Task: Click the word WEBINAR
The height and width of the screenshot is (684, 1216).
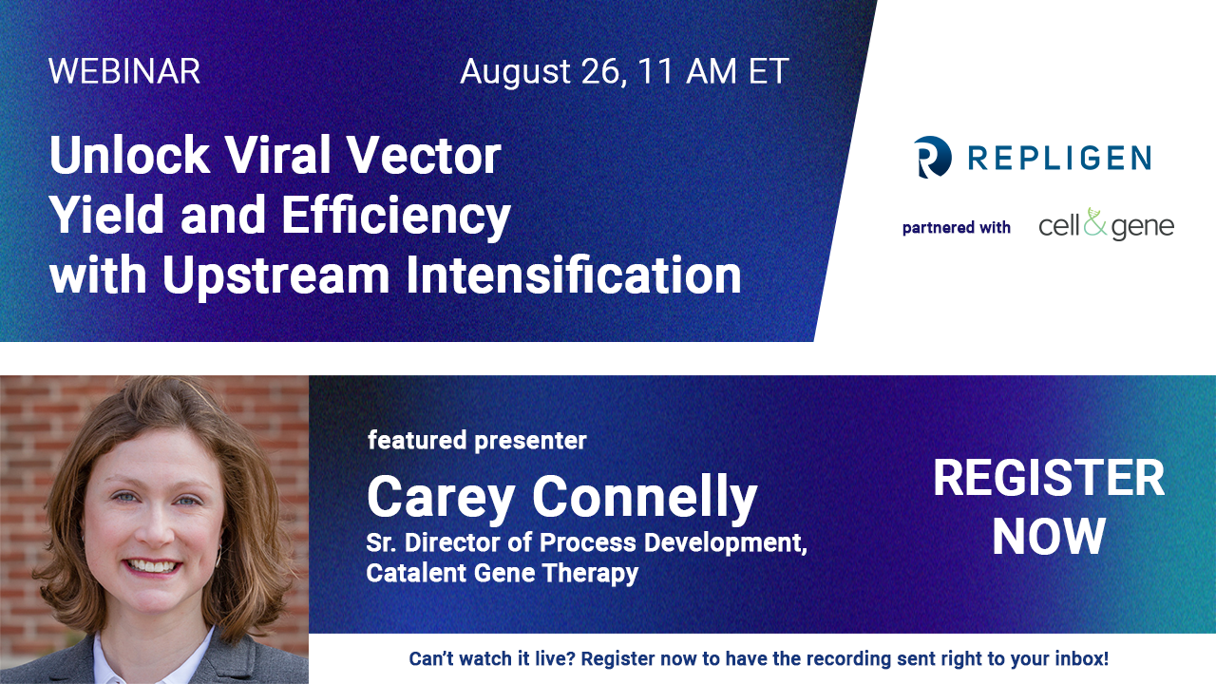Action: pos(124,71)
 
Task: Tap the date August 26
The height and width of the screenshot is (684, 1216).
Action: pos(542,72)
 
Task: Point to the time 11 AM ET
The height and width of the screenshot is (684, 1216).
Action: pos(713,71)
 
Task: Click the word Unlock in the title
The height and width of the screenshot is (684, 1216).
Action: pos(129,155)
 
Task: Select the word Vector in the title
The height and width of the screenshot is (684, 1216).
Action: pos(424,155)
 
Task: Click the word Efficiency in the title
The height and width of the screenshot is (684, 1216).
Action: pos(396,216)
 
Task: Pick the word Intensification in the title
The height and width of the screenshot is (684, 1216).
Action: pos(573,275)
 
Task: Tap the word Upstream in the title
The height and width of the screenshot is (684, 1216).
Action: pos(275,275)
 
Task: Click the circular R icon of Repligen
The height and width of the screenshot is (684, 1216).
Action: pos(932,157)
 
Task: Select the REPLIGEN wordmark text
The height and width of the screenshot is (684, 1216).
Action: pos(1059,158)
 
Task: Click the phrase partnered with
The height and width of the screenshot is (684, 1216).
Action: pos(956,227)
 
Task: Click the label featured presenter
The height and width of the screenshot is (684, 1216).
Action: pos(477,440)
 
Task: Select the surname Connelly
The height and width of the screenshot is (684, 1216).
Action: pos(644,497)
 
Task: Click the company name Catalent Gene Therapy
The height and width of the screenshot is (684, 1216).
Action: pos(503,573)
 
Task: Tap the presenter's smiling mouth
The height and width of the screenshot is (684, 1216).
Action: pos(151,566)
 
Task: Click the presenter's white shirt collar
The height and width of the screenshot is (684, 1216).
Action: pos(152,658)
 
